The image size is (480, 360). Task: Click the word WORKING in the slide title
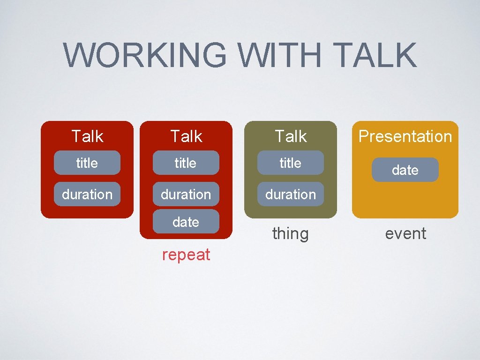pyautogui.click(x=145, y=55)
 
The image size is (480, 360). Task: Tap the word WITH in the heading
pyautogui.click(x=280, y=55)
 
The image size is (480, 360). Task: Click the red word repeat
pyautogui.click(x=186, y=255)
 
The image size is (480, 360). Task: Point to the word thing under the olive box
pyautogui.click(x=291, y=233)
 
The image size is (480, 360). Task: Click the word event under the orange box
pyautogui.click(x=405, y=233)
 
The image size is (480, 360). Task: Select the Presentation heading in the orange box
pyautogui.click(x=405, y=136)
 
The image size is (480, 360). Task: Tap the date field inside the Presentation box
pyautogui.click(x=405, y=170)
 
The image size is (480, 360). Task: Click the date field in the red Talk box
pyautogui.click(x=186, y=222)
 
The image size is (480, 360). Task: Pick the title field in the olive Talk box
pyautogui.click(x=291, y=163)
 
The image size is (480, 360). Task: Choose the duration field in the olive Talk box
pyautogui.click(x=291, y=194)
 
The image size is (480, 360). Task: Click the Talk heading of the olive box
pyautogui.click(x=291, y=136)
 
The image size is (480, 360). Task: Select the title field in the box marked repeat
pyautogui.click(x=186, y=163)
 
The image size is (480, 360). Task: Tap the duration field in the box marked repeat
pyautogui.click(x=186, y=194)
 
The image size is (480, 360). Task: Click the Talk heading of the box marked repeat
pyautogui.click(x=186, y=136)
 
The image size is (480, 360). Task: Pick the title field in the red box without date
pyautogui.click(x=87, y=163)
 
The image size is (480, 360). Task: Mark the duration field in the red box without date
pyautogui.click(x=87, y=194)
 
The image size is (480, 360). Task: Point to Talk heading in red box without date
pyautogui.click(x=87, y=136)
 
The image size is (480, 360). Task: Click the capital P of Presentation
pyautogui.click(x=363, y=136)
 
